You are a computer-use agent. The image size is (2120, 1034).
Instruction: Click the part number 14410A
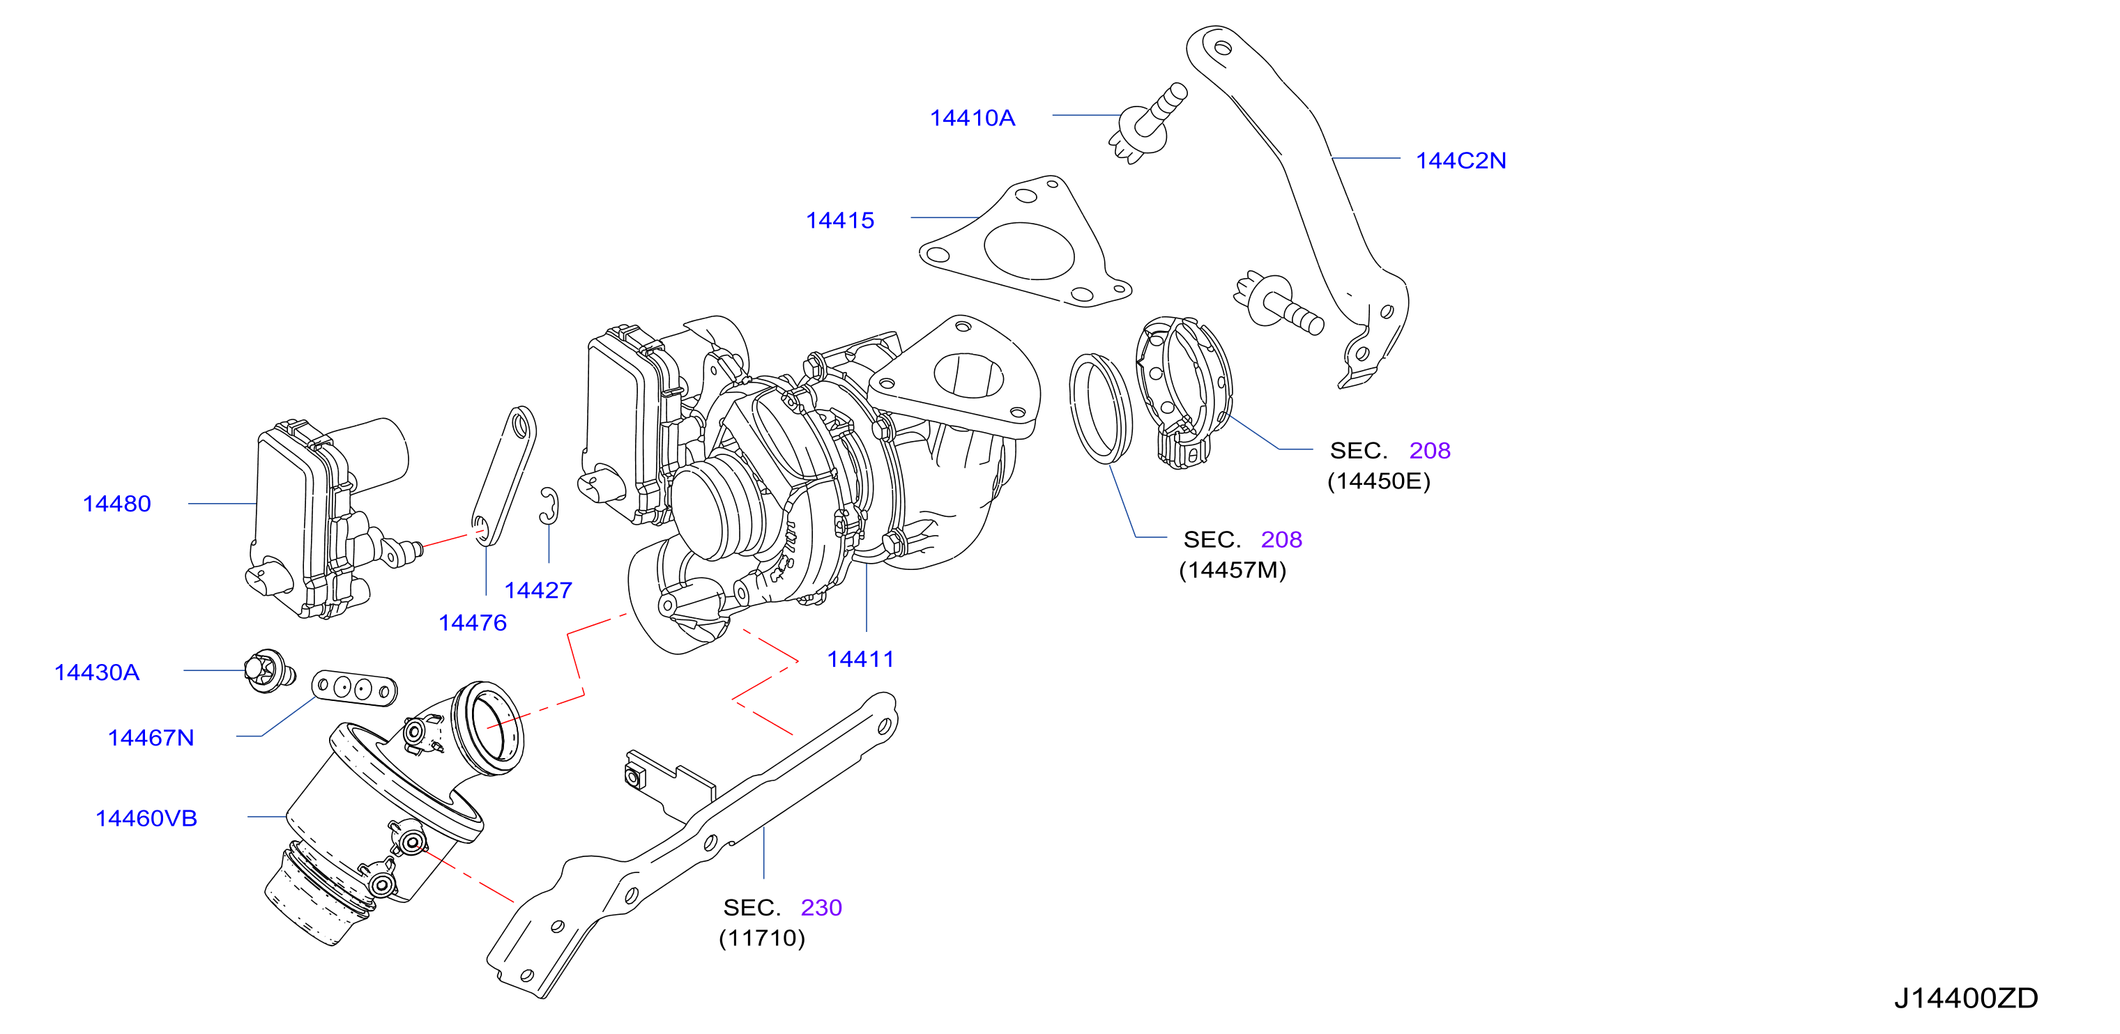pos(972,118)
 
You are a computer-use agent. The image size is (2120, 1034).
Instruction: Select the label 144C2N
pos(1461,160)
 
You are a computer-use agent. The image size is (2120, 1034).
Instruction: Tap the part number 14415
pos(839,220)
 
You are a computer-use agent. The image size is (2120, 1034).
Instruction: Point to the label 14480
pos(117,504)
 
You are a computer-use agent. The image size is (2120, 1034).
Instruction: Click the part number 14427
pos(538,589)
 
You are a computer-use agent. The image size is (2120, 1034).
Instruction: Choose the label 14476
pos(473,623)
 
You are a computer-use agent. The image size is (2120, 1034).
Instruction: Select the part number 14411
pos(860,659)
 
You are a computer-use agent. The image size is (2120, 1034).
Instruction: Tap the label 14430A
pos(96,672)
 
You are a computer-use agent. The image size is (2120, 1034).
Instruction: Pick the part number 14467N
pos(151,738)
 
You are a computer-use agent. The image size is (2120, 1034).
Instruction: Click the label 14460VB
pos(146,819)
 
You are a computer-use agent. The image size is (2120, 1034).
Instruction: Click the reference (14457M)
pos(1232,570)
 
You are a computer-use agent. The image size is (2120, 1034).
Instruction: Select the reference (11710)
pos(761,938)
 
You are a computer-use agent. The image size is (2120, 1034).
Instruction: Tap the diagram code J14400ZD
pos(1966,998)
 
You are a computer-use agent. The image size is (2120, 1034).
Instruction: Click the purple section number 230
pos(821,907)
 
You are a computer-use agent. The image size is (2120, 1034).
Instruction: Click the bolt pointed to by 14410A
pos(1147,123)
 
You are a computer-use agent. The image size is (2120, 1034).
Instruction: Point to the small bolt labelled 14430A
pos(269,671)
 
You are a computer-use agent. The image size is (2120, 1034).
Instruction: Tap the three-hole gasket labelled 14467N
pos(354,688)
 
